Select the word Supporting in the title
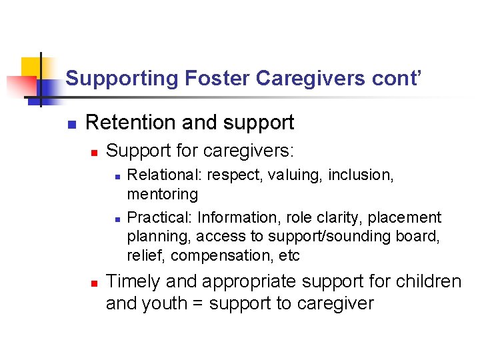122,79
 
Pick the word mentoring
162,194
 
